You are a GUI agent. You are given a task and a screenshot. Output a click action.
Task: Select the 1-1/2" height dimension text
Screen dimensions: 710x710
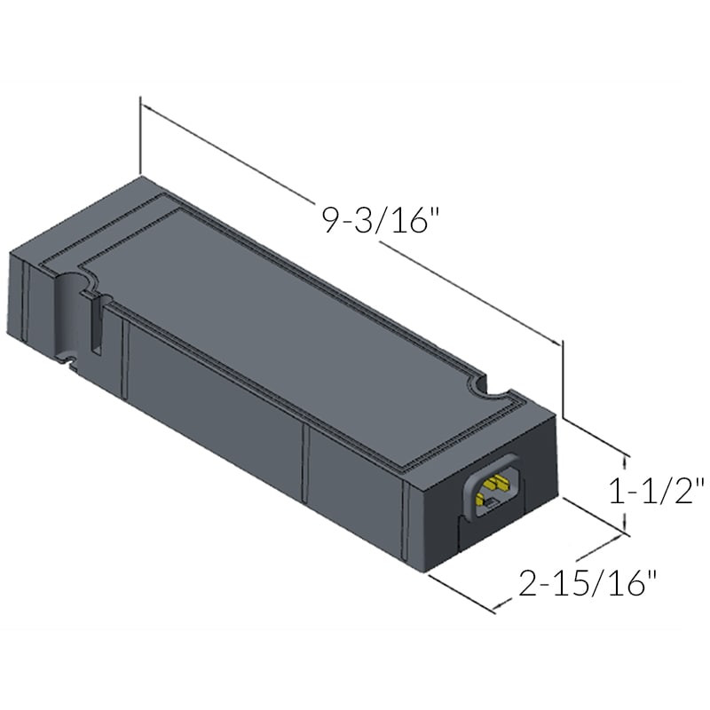pos(657,490)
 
